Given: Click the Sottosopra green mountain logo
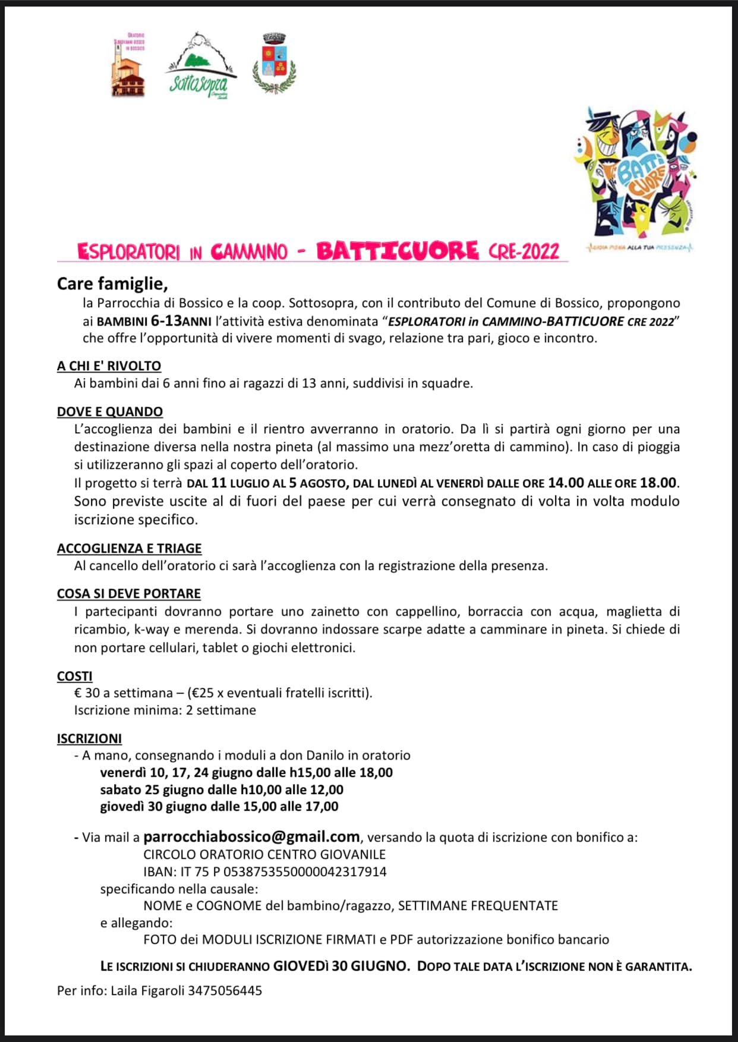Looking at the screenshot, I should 199,65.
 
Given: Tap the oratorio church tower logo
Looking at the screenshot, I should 128,65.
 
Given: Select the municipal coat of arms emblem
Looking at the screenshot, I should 275,64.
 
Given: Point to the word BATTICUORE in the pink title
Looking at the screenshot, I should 397,251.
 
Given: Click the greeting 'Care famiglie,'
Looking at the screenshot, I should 112,284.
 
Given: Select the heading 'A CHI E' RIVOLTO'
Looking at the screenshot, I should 109,366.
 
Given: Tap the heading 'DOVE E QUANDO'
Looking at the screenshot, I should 110,411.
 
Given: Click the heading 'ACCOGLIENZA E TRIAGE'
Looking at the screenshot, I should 129,548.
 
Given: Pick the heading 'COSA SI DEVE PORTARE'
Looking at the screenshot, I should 129,593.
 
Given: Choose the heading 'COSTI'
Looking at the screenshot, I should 75,676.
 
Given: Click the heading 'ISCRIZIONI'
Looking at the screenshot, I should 89,738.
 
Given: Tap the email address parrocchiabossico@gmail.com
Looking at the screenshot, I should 251,836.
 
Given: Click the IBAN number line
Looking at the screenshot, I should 265,871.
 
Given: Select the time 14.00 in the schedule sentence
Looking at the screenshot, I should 566,483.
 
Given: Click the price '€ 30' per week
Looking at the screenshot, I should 87,692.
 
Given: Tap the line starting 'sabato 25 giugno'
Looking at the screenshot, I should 222,789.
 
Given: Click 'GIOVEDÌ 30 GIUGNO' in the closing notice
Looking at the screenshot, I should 341,966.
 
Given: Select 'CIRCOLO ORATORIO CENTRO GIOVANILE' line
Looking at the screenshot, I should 264,854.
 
